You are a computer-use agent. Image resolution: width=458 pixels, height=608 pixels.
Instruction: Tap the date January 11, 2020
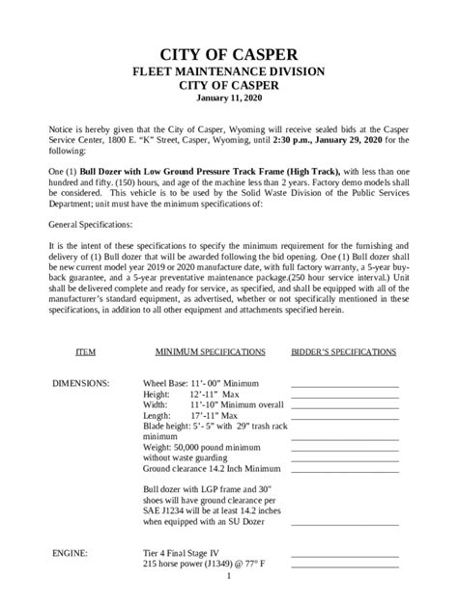click(x=229, y=98)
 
